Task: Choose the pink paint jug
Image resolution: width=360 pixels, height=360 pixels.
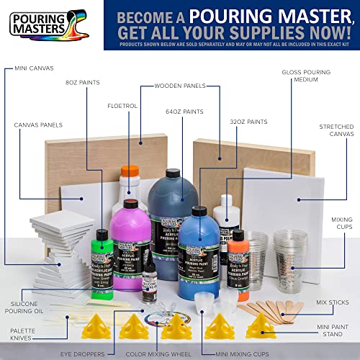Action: [133, 238]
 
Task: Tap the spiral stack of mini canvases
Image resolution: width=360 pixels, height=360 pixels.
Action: [54, 248]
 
